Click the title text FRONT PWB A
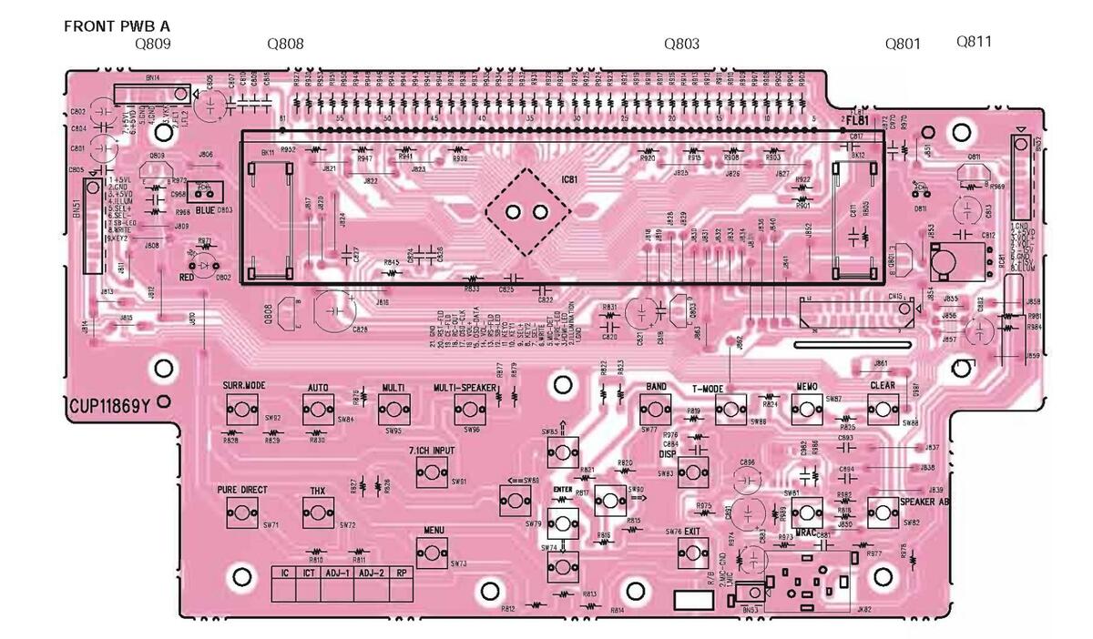pyautogui.click(x=117, y=26)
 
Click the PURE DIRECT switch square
pyautogui.click(x=242, y=512)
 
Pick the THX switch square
pyautogui.click(x=317, y=512)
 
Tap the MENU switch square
pyautogui.click(x=432, y=551)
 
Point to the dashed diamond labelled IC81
pyautogui.click(x=527, y=212)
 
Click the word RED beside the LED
pyautogui.click(x=187, y=276)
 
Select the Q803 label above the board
pyautogui.click(x=681, y=43)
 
